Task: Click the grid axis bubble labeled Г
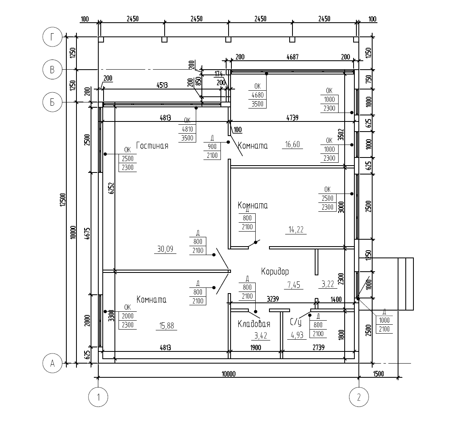[52, 37]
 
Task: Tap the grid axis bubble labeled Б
[52, 102]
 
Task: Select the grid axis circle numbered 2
[359, 397]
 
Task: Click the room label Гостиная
[152, 146]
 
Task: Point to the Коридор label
[275, 272]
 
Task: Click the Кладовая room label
[254, 324]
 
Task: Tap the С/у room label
[296, 322]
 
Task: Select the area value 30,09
[165, 249]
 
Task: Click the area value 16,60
[292, 144]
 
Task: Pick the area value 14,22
[296, 230]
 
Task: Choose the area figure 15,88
[167, 326]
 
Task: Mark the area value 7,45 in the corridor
[294, 285]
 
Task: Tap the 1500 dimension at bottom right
[378, 374]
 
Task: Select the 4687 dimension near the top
[292, 57]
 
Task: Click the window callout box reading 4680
[257, 95]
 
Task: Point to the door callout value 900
[212, 147]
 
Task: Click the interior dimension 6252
[111, 188]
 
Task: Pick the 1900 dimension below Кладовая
[256, 347]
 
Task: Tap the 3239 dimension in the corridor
[273, 299]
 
